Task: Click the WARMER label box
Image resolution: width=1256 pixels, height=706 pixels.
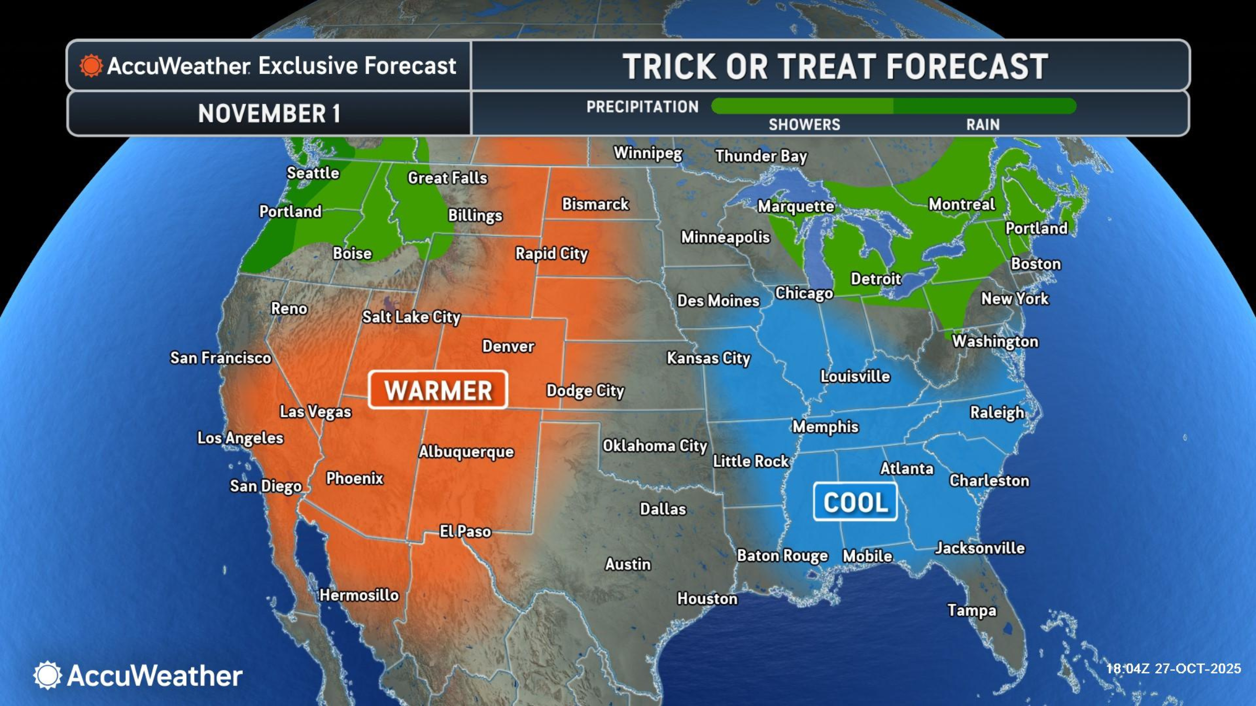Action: (438, 390)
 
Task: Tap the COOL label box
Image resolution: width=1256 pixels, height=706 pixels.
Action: (855, 502)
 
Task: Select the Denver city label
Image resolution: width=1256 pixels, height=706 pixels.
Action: (508, 346)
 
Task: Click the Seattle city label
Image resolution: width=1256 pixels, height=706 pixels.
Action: (313, 173)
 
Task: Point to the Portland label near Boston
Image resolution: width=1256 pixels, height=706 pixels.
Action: (1036, 229)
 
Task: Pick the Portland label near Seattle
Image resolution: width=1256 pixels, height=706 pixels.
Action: (290, 212)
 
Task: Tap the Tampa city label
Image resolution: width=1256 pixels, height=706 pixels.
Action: (972, 610)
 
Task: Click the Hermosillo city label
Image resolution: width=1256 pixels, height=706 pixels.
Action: (359, 595)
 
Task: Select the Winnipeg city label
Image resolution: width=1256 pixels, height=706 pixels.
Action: (648, 153)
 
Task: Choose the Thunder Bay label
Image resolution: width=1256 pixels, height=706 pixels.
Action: (761, 156)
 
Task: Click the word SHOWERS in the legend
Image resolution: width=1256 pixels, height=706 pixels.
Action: (804, 124)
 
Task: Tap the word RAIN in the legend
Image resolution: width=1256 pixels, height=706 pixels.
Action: (983, 124)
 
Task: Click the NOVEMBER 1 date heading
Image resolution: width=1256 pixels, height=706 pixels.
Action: (269, 113)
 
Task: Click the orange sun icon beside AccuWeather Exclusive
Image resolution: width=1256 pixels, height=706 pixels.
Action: (91, 66)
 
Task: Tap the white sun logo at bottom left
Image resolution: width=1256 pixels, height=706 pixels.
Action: (47, 675)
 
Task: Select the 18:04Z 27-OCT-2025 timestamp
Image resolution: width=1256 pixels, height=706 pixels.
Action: (1173, 668)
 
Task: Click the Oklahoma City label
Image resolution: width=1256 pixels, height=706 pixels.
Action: (654, 446)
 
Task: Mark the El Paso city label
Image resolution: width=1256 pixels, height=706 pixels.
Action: (465, 532)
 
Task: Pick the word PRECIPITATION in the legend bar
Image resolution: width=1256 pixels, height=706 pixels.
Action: (642, 107)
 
